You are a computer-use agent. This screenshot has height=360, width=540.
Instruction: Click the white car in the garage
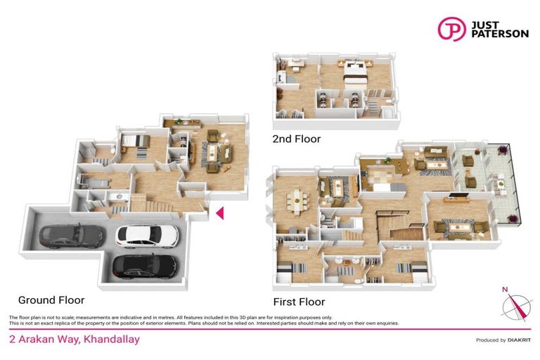147,235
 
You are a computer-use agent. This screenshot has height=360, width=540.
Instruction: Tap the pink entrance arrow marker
219,212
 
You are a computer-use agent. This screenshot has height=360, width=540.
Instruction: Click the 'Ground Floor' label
51,300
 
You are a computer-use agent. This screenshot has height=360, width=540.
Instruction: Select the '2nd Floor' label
296,139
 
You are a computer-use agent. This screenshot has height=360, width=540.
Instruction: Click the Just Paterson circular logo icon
451,29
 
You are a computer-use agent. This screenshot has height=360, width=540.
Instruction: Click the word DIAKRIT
520,340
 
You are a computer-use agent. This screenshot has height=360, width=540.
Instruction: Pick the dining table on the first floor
296,200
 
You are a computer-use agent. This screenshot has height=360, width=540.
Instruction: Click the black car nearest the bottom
146,266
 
